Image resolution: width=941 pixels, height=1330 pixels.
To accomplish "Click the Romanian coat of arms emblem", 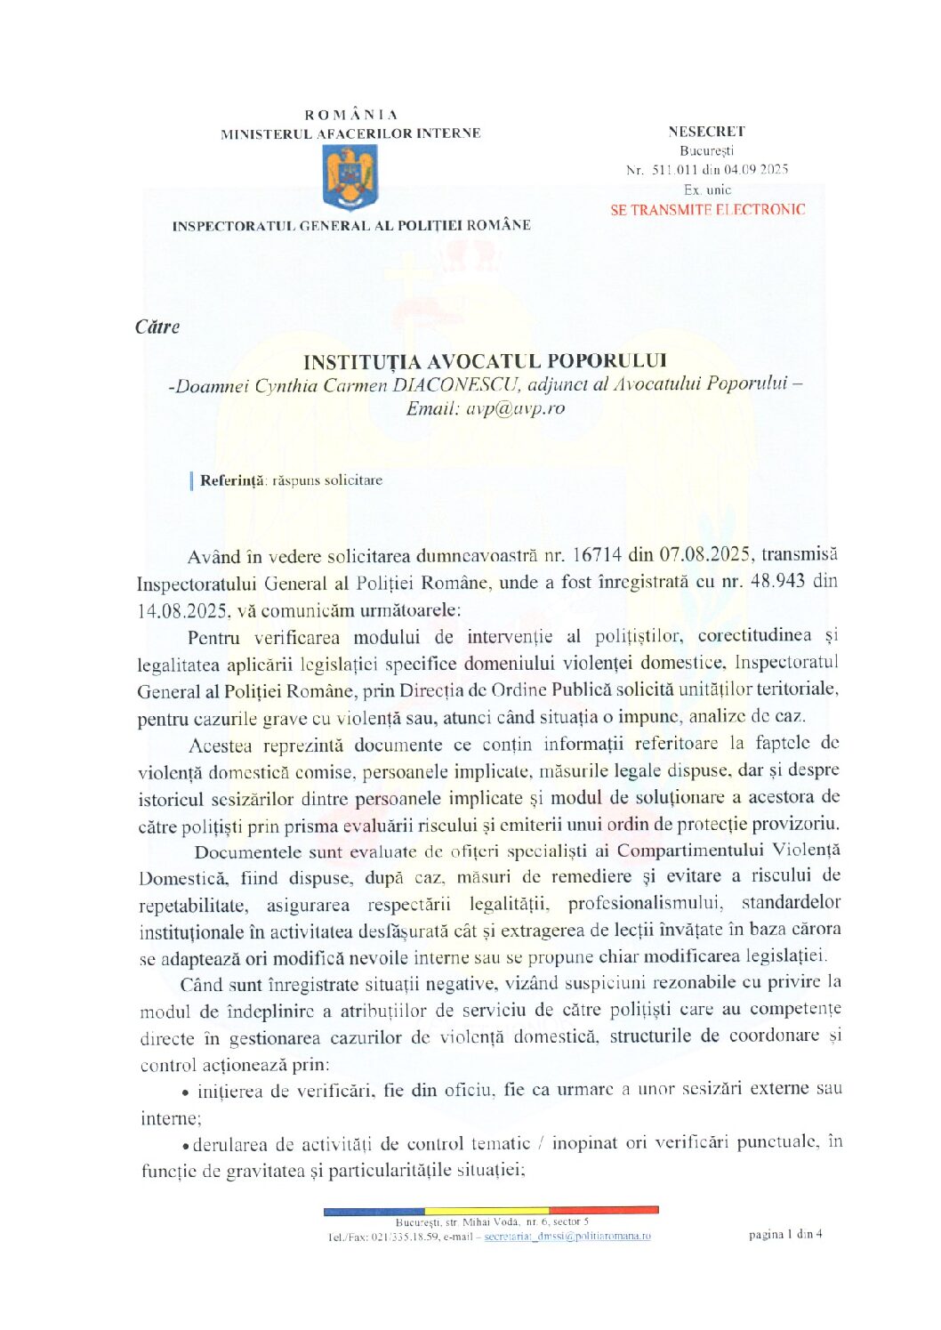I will coord(350,178).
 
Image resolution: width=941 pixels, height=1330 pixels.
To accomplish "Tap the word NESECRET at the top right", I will coord(706,131).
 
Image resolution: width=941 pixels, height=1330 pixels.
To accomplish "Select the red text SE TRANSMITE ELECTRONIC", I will coord(707,210).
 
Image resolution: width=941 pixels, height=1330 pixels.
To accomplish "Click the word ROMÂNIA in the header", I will coord(350,115).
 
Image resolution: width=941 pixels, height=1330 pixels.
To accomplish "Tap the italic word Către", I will coord(157,327).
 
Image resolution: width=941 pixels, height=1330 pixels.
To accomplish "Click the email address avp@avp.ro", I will coord(515,408).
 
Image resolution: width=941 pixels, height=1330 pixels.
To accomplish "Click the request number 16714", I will coord(596,555).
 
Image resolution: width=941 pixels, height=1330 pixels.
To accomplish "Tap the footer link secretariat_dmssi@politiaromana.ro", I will coord(567,1236).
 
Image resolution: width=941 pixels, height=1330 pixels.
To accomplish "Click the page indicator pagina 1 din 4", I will coord(785,1234).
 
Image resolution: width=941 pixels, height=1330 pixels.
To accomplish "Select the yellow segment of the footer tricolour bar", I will coord(487,1211).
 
